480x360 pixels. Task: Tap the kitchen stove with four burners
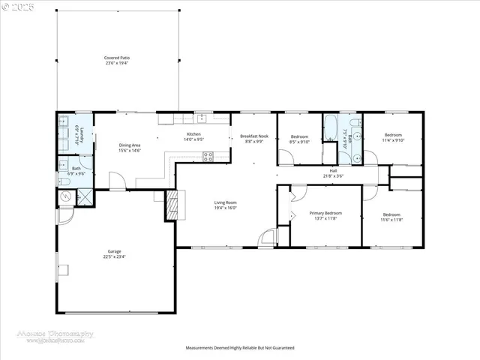point(208,156)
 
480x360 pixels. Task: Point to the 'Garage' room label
point(115,251)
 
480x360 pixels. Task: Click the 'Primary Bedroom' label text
point(325,213)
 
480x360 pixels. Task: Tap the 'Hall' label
point(333,170)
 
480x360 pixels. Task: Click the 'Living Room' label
point(226,202)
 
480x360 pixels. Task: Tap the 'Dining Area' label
point(130,145)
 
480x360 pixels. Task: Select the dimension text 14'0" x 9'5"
point(194,140)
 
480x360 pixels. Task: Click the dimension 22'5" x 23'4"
point(115,256)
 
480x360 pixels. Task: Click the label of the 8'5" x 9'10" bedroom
point(299,136)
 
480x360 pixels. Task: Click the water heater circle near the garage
point(66,196)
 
